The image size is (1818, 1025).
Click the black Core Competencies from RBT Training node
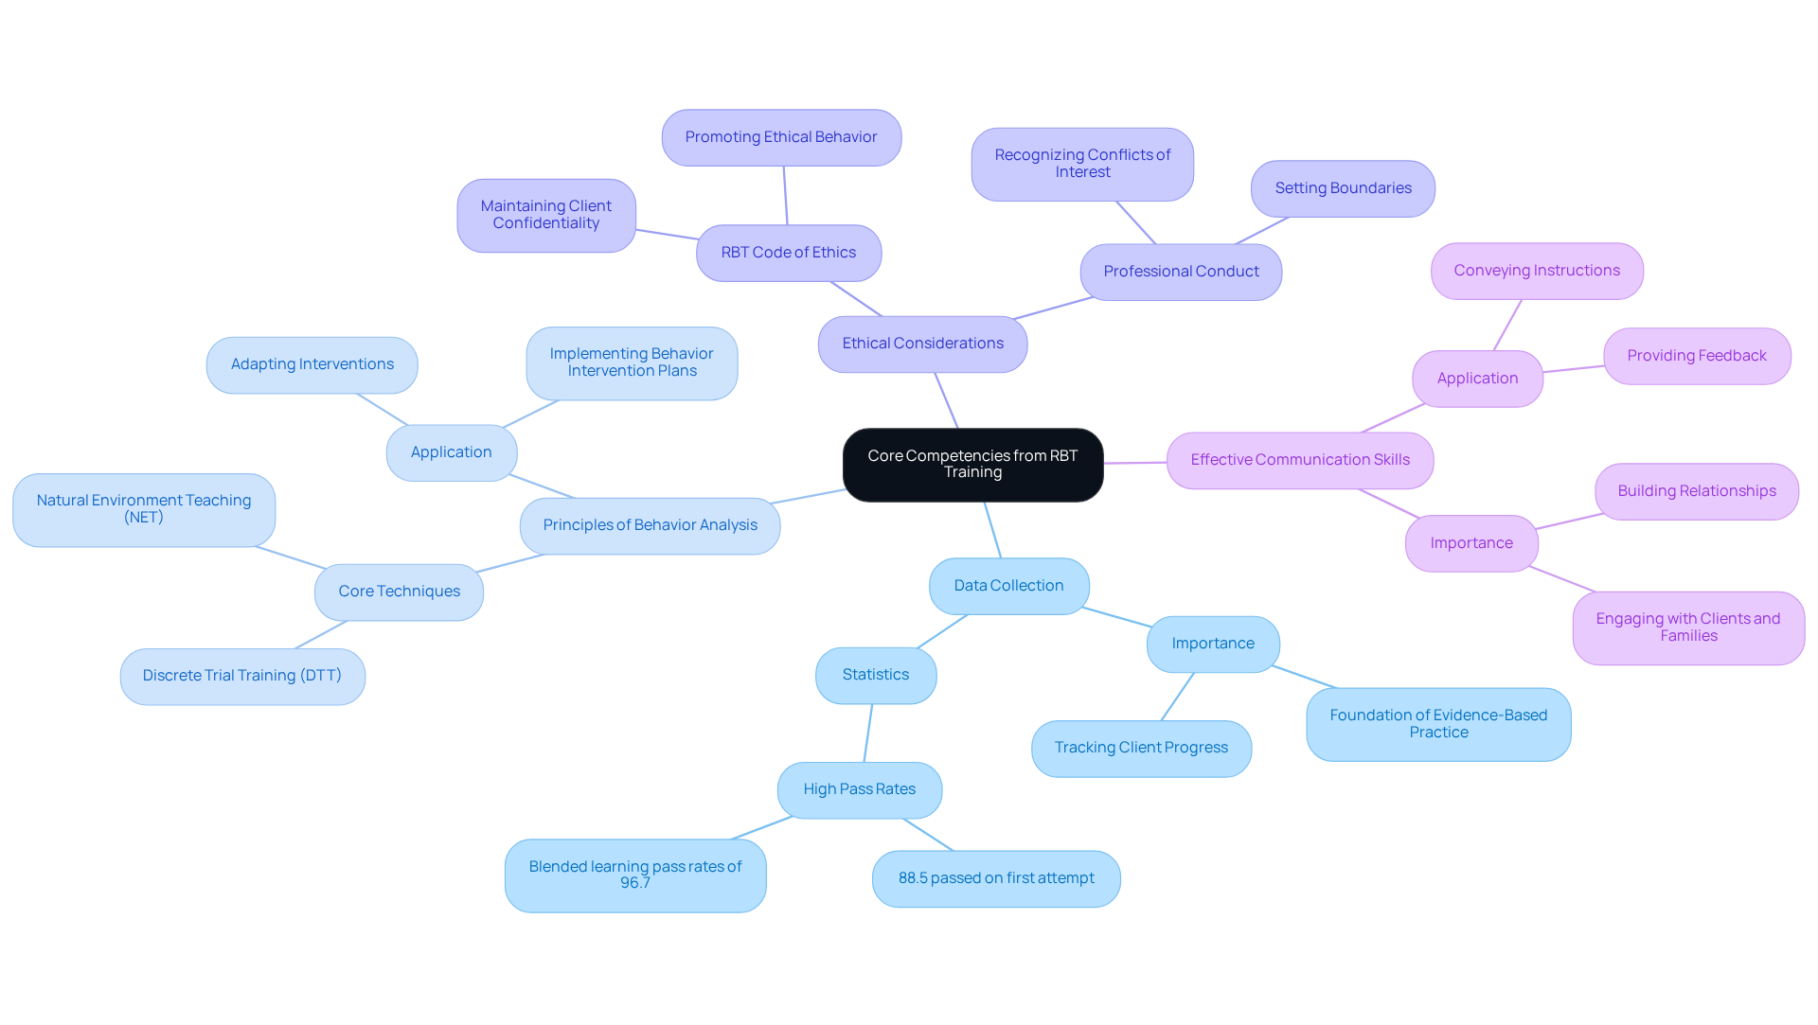point(972,464)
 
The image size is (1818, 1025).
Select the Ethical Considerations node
point(922,344)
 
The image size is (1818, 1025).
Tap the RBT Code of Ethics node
point(788,253)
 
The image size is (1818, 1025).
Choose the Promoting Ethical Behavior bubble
point(780,137)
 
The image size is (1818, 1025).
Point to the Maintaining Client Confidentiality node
point(545,215)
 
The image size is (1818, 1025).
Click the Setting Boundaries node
point(1342,188)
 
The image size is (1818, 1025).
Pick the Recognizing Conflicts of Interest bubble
point(1081,164)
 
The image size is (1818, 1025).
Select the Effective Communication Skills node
point(1299,460)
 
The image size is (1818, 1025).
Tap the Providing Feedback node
point(1696,356)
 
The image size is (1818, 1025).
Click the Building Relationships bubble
point(1696,491)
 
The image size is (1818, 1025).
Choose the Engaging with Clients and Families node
point(1687,627)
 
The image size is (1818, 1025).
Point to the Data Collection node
point(1008,586)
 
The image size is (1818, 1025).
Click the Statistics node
point(875,675)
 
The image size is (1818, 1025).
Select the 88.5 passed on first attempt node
point(995,878)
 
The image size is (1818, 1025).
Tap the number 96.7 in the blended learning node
point(634,883)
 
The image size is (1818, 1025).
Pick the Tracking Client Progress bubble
point(1140,748)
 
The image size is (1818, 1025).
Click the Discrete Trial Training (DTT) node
point(241,676)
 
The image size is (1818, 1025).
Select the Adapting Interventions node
point(312,364)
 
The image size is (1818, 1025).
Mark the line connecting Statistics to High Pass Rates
point(867,733)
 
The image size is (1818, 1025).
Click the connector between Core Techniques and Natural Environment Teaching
point(291,557)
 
